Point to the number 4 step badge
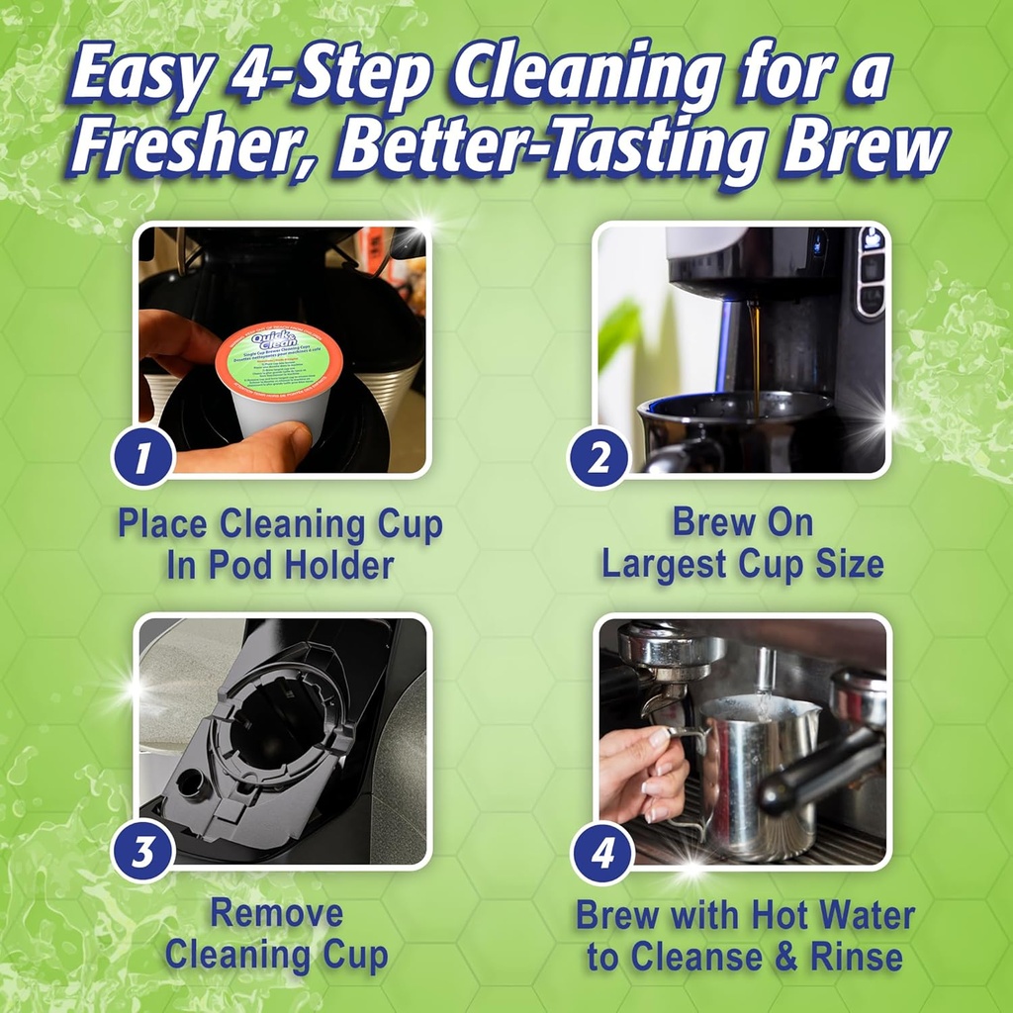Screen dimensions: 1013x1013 coord(600,852)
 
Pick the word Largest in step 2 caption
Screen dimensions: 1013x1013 coord(666,564)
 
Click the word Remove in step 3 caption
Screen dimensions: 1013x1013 coord(276,912)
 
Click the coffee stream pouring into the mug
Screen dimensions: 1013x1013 coord(756,351)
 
